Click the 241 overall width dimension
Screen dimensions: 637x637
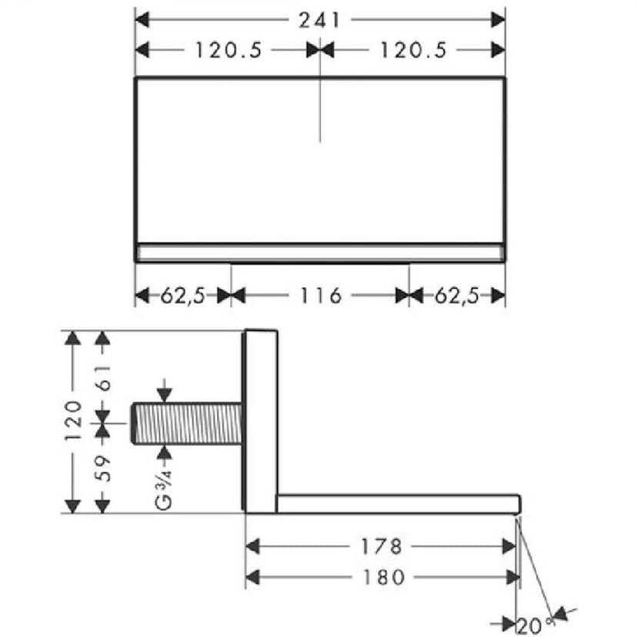(319, 20)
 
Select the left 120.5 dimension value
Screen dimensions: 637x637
(228, 50)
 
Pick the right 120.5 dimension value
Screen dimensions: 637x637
(414, 50)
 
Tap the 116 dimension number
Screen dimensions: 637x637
(321, 295)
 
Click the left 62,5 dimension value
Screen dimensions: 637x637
(183, 295)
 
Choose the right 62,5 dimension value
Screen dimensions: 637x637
(458, 295)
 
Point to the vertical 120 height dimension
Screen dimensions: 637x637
(74, 421)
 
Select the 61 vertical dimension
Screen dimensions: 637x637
(103, 378)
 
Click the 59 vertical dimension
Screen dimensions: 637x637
(103, 469)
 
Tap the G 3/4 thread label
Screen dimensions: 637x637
(164, 489)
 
